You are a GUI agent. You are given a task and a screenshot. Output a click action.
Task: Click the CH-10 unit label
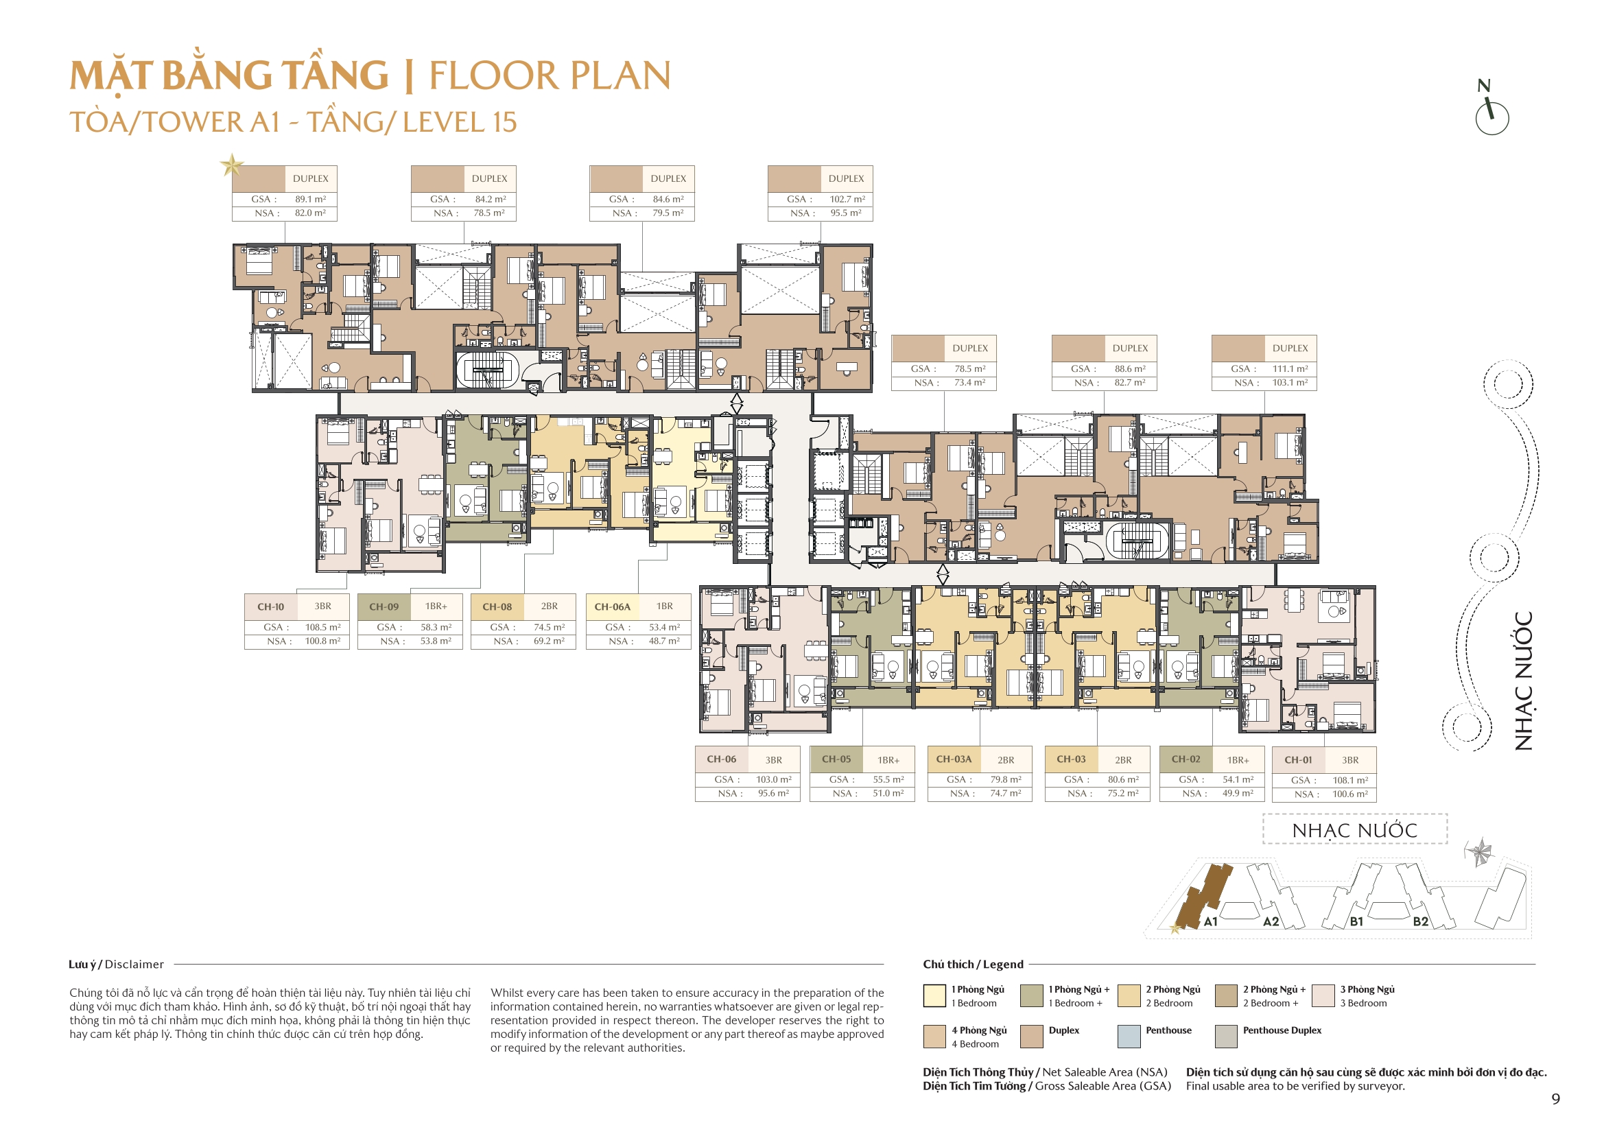[x=270, y=606]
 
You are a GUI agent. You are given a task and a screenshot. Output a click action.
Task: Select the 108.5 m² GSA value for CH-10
[x=322, y=628]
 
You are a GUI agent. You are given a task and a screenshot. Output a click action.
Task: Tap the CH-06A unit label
[x=612, y=606]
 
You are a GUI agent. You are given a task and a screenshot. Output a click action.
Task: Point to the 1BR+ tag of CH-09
[x=436, y=606]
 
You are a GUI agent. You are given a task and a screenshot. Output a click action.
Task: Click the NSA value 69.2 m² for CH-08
[x=549, y=641]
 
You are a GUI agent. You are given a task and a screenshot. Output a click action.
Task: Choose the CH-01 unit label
[x=1298, y=759]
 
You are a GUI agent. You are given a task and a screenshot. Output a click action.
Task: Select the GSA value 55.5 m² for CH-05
[x=888, y=780]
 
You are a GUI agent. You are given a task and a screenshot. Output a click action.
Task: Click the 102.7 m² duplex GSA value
[x=847, y=199]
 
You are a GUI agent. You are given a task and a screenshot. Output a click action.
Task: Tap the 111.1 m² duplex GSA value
[x=1290, y=369]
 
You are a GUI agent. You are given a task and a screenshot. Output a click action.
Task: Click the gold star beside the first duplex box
[x=231, y=165]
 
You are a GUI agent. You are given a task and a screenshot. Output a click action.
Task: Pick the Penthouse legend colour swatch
[x=1129, y=1036]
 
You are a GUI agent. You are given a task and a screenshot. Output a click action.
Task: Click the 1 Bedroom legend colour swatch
[x=934, y=995]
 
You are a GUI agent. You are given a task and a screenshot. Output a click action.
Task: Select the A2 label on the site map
[x=1271, y=921]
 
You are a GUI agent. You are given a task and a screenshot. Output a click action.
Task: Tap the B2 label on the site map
[x=1420, y=921]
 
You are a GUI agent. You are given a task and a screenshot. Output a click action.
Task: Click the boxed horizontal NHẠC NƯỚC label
[x=1354, y=830]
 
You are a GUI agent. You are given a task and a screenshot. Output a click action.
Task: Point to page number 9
[x=1555, y=1099]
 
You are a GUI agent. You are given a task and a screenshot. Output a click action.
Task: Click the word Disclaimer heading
[x=134, y=965]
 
